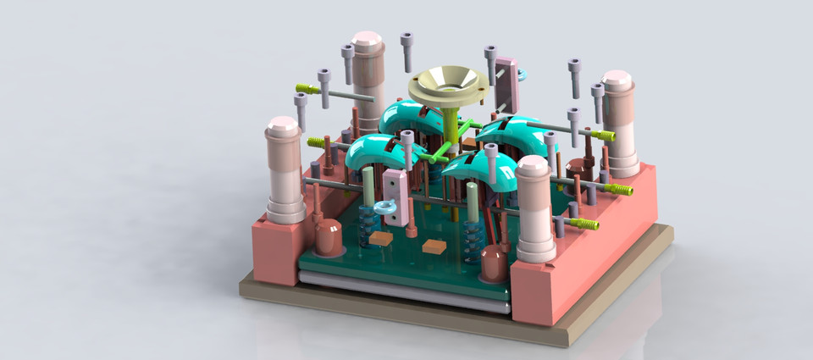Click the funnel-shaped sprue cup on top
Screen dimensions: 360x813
448,86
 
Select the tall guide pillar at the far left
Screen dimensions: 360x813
285,169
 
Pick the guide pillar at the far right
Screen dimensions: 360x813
619,123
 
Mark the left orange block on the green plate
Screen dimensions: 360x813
380,239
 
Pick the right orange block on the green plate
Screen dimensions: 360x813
434,246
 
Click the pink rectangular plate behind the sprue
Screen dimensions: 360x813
506,83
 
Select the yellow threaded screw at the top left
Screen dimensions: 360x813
307,87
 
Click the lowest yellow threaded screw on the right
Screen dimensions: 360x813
584,224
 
